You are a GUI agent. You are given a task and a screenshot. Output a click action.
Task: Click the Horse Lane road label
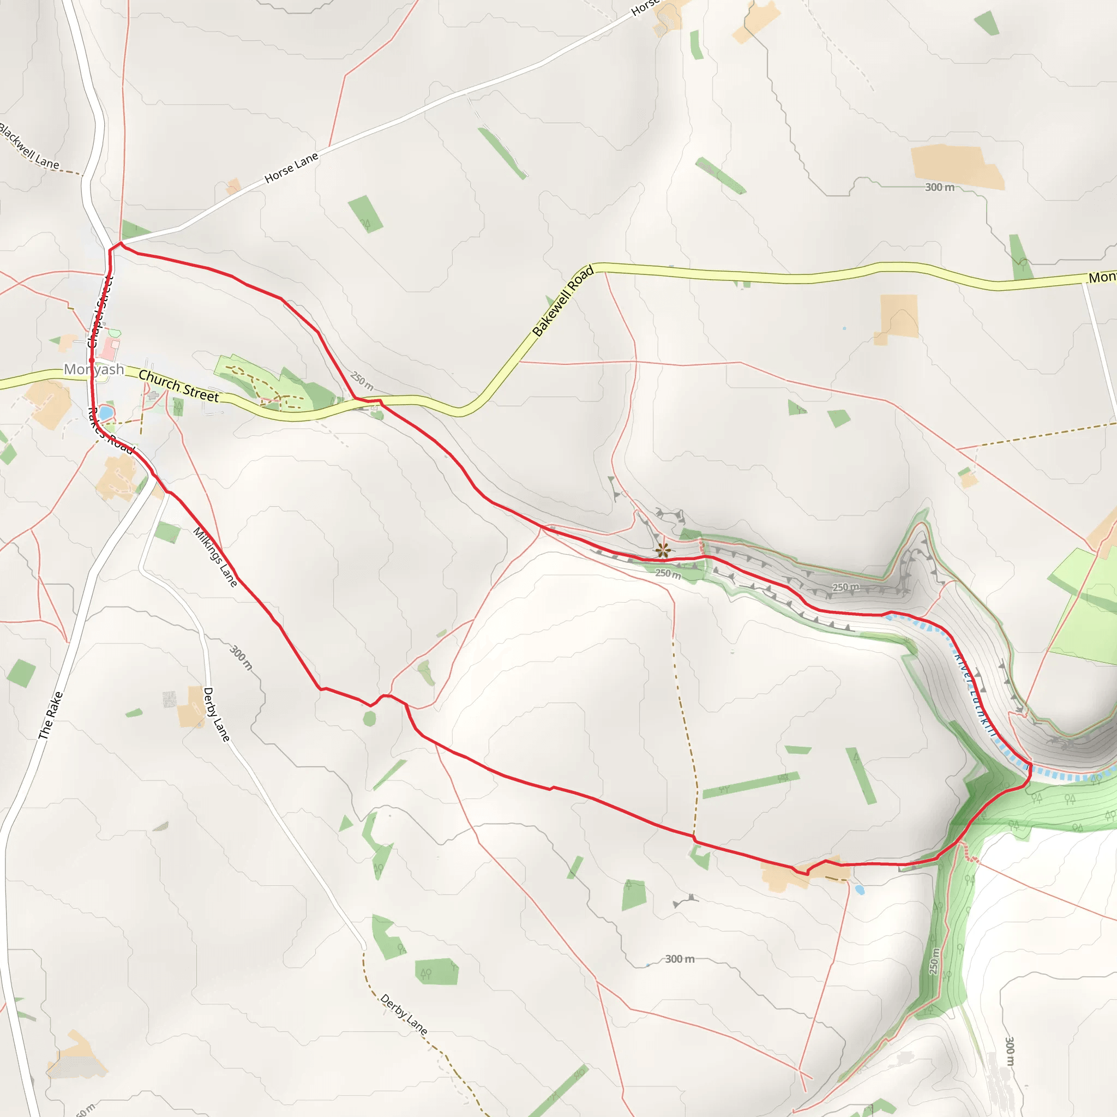click(291, 167)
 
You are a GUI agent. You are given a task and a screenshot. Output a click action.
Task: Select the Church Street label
click(179, 386)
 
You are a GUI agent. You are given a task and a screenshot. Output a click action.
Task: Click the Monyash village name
click(94, 369)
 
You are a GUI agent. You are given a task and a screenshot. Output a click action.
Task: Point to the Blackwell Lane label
click(28, 146)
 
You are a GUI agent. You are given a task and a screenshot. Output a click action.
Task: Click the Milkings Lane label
click(215, 556)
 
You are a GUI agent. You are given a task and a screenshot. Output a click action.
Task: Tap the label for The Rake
click(51, 715)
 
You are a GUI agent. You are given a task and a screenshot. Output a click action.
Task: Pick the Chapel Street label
click(100, 313)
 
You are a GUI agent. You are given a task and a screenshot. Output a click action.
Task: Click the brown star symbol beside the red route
click(663, 550)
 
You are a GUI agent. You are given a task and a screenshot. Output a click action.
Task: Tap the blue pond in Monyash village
click(105, 413)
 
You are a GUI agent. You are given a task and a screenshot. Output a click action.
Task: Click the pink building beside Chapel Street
click(108, 349)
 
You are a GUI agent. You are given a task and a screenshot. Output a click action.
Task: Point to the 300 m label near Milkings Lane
click(241, 657)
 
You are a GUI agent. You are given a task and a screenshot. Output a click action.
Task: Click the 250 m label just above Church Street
click(362, 381)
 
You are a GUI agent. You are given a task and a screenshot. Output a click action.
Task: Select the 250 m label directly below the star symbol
click(668, 574)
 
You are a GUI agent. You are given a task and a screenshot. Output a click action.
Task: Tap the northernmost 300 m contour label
click(940, 187)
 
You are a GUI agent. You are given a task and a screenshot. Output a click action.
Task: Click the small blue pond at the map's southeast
click(859, 890)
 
